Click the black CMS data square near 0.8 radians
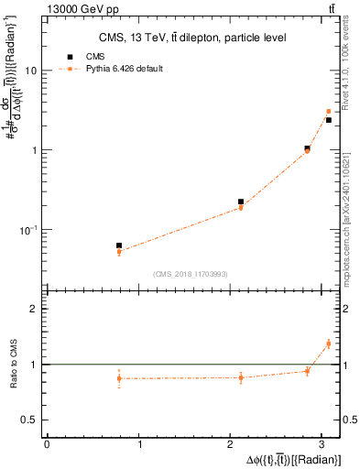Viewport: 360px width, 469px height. click(119, 245)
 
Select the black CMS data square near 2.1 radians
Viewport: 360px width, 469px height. click(241, 202)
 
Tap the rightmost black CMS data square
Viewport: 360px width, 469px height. click(329, 120)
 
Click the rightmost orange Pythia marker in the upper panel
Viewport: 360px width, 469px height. click(329, 112)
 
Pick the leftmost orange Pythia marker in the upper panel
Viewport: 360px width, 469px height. click(119, 252)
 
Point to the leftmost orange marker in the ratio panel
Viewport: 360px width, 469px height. click(119, 378)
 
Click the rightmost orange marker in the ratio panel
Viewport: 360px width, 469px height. click(329, 344)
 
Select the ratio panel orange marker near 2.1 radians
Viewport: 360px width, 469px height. click(241, 377)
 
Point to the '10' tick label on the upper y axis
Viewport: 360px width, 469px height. click(32, 71)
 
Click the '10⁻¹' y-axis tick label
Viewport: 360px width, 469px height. click(30, 229)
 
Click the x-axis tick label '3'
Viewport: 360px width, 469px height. click(326, 444)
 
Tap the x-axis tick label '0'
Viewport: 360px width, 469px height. click(46, 444)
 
